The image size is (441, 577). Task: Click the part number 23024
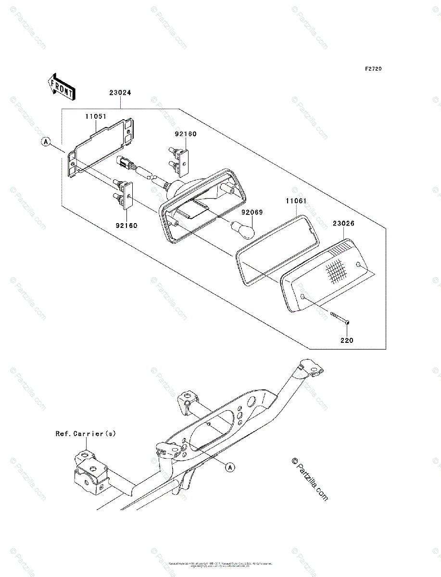pyautogui.click(x=120, y=93)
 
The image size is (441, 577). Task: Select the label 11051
pyautogui.click(x=96, y=116)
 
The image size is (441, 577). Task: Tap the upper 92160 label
pyautogui.click(x=185, y=134)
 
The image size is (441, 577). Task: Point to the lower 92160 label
pyautogui.click(x=126, y=225)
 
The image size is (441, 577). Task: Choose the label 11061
pyautogui.click(x=296, y=201)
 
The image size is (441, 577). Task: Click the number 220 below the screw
pyautogui.click(x=346, y=340)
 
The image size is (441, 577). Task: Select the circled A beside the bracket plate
pyautogui.click(x=46, y=142)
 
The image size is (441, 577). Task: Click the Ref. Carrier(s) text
pyautogui.click(x=86, y=433)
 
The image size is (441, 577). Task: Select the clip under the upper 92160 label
pyautogui.click(x=178, y=161)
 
